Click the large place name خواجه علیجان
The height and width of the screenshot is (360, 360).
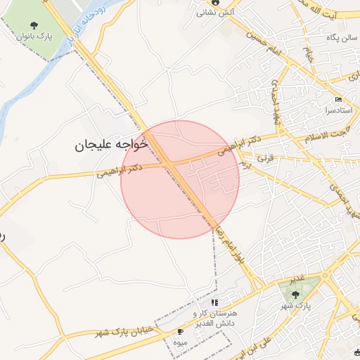click(112, 145)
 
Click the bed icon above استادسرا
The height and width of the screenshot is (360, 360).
click(338, 99)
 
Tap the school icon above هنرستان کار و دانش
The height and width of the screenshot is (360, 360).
click(214, 302)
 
